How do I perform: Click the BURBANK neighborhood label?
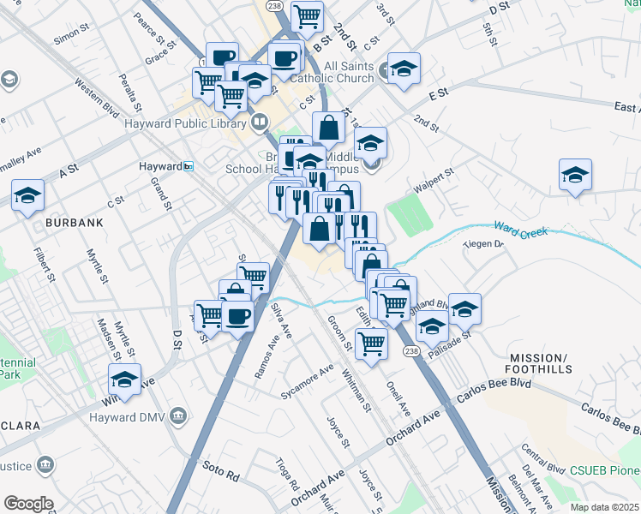[x=75, y=222]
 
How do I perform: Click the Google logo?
[x=28, y=504]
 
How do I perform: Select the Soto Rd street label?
[x=220, y=468]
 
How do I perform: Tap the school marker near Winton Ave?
[x=125, y=380]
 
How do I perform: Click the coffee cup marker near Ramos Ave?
[x=237, y=316]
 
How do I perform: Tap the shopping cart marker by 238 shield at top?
[x=306, y=15]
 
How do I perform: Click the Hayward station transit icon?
[x=188, y=166]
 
